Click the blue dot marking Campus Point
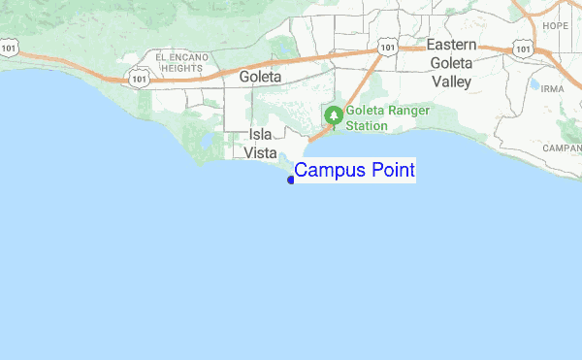[291, 180]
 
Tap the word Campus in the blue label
[328, 171]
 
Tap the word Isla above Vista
[260, 135]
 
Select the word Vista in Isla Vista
[260, 153]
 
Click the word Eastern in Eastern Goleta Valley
[451, 46]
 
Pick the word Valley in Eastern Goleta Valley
[450, 82]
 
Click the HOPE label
[556, 26]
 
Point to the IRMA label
[552, 88]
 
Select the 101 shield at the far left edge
[9, 46]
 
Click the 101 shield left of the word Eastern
[387, 46]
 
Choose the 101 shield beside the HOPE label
[524, 47]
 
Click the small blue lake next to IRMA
[533, 84]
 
